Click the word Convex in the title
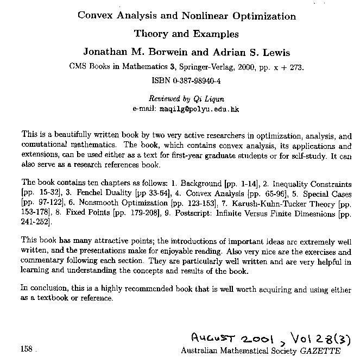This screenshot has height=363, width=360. [94, 15]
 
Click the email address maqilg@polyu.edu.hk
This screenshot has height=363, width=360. [199, 109]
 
